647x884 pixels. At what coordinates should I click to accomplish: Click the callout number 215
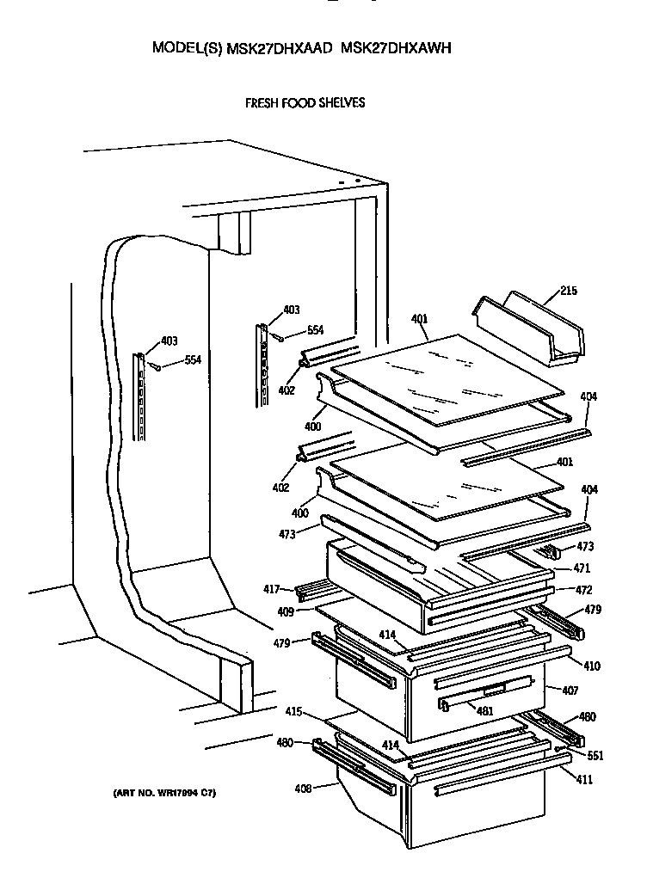(568, 291)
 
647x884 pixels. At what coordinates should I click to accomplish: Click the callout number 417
(273, 589)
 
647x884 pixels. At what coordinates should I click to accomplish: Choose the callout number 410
(592, 666)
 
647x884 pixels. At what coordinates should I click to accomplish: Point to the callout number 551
(595, 756)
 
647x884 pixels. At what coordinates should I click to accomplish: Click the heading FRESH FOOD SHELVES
(305, 102)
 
